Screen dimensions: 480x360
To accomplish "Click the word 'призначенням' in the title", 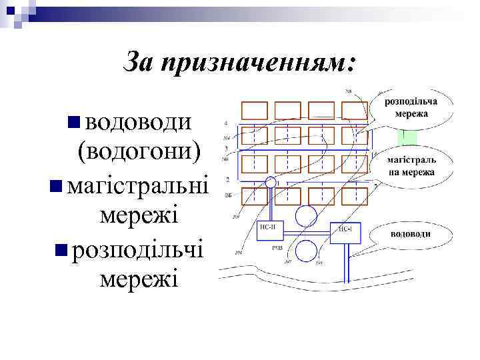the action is click(262, 64).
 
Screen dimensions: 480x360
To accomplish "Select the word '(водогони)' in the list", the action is click(139, 152).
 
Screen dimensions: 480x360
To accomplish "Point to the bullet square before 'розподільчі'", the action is click(61, 249).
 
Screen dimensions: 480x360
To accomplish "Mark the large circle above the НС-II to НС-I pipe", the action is click(306, 215).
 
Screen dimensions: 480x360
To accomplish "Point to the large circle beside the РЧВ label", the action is click(306, 252).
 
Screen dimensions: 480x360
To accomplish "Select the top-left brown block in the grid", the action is click(253, 110).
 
